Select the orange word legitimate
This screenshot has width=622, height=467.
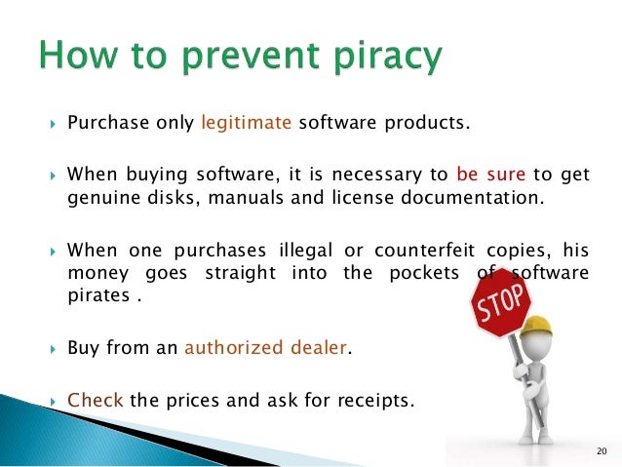point(247,123)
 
